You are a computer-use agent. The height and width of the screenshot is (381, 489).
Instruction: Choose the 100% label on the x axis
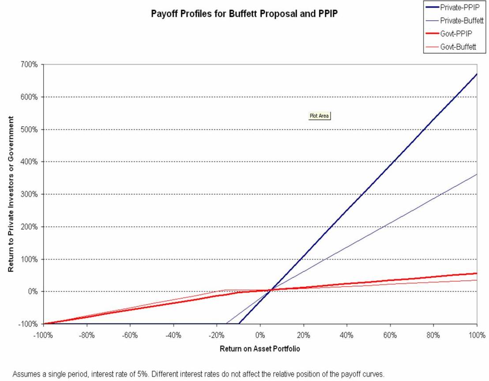(x=477, y=334)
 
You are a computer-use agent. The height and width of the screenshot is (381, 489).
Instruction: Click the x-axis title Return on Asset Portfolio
(x=260, y=349)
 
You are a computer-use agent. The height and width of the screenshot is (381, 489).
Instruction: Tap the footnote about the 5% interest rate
(x=199, y=374)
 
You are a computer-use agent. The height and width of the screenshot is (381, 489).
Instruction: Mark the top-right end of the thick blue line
(x=477, y=74)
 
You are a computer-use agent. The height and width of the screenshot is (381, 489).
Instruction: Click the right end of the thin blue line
(x=477, y=174)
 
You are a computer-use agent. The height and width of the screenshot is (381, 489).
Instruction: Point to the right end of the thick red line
(x=477, y=273)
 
